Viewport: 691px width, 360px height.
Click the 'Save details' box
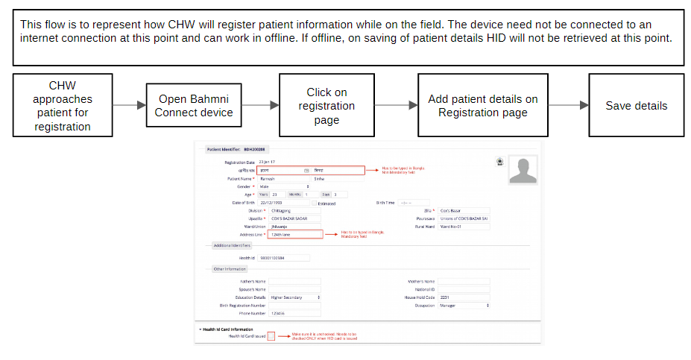636,105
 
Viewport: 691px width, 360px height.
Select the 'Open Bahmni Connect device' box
194,105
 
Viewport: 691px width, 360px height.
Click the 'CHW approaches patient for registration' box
63,105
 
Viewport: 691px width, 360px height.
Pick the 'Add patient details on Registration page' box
482,105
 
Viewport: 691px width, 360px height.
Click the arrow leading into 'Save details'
568,106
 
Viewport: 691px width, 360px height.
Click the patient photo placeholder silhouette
523,171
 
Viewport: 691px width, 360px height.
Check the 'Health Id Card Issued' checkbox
271,336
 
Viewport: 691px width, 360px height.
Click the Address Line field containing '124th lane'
295,234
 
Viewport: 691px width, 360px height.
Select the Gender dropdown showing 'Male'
288,186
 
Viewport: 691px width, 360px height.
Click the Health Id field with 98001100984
288,258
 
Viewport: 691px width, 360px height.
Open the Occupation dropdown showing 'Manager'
464,305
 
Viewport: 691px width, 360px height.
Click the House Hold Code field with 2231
464,297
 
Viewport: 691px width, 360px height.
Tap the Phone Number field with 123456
294,313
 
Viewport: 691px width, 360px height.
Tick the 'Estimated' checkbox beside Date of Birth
315,203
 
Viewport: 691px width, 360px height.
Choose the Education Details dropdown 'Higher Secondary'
294,297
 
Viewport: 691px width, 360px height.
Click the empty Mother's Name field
464,281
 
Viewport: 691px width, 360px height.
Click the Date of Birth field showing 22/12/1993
283,203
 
